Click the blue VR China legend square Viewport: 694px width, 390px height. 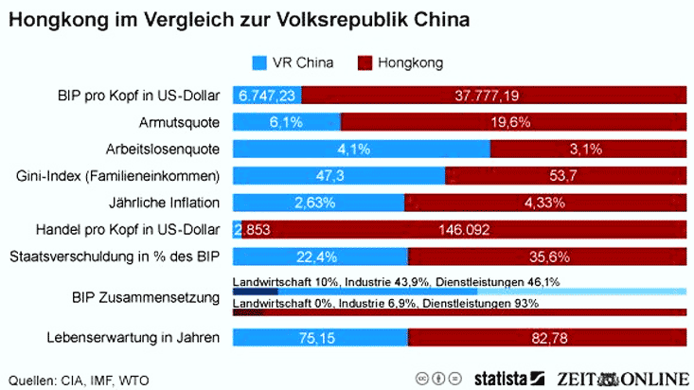(258, 63)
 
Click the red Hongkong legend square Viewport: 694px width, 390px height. (364, 63)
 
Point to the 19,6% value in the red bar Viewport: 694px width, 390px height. (512, 122)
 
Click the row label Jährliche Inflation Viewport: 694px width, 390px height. (165, 203)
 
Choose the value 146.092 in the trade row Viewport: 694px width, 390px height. (464, 229)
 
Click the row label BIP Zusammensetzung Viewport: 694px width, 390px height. (151, 298)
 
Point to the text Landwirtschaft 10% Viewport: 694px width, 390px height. (285, 281)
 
